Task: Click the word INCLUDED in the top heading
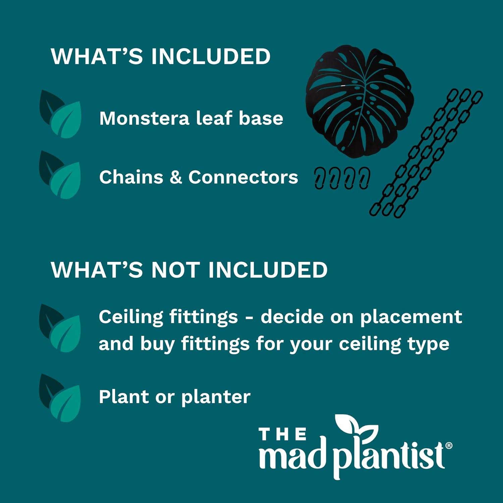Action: click(x=211, y=56)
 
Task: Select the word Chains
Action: click(x=131, y=177)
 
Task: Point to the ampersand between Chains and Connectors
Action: click(x=176, y=177)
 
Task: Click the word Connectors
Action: click(x=243, y=177)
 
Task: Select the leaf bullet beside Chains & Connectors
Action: click(x=60, y=175)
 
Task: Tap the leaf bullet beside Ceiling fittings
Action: click(x=60, y=329)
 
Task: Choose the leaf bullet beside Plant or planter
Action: click(x=60, y=398)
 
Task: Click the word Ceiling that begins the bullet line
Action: click(x=131, y=317)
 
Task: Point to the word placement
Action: click(x=411, y=317)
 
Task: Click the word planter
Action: click(x=216, y=398)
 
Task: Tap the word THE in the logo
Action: click(x=283, y=434)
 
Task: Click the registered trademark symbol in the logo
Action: click(x=449, y=445)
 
